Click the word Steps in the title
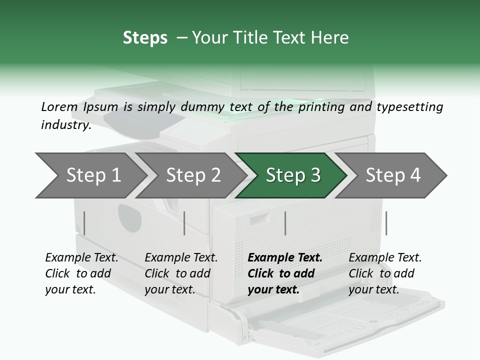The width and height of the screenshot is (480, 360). pyautogui.click(x=145, y=38)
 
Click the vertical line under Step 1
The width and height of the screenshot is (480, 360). pyautogui.click(x=84, y=223)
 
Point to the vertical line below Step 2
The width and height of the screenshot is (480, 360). pyautogui.click(x=184, y=223)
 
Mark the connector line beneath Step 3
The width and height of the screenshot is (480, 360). pyautogui.click(x=285, y=223)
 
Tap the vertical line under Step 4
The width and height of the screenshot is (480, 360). pyautogui.click(x=386, y=223)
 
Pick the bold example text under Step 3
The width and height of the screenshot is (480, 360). pyautogui.click(x=284, y=273)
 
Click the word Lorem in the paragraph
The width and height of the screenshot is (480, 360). pyautogui.click(x=59, y=106)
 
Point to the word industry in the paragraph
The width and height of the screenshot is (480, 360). pyautogui.click(x=65, y=125)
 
